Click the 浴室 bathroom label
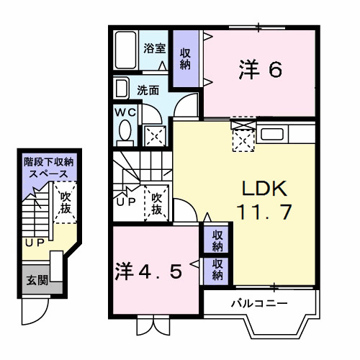(154, 49)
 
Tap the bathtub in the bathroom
(126, 50)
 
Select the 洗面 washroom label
(148, 91)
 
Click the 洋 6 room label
(259, 71)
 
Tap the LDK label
(264, 189)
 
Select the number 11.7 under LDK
(264, 212)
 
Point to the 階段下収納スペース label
(45, 167)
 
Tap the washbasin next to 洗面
(120, 90)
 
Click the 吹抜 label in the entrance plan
(66, 202)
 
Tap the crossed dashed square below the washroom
(154, 135)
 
